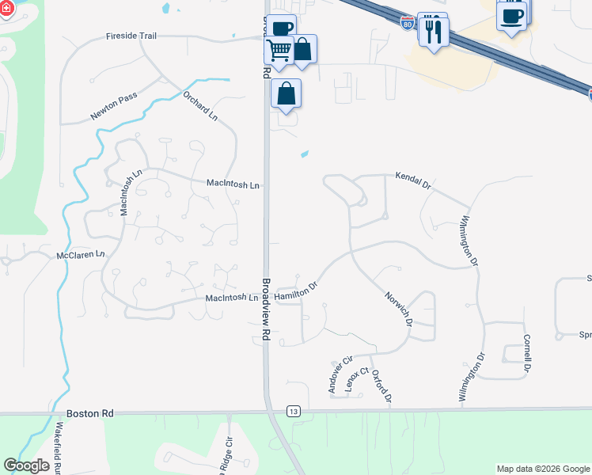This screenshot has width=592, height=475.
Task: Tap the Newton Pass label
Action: [x=113, y=106]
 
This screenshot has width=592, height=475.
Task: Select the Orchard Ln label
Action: [x=199, y=105]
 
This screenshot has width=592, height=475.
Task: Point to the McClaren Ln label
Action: [x=81, y=255]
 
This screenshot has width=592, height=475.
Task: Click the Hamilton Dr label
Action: [x=295, y=293]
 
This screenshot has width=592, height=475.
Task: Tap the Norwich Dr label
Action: [x=399, y=308]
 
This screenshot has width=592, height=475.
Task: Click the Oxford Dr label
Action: [x=381, y=386]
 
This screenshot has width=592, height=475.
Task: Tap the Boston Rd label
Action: [x=90, y=413]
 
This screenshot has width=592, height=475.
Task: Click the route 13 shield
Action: [x=294, y=411]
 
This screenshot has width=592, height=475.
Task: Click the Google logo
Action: [x=26, y=465]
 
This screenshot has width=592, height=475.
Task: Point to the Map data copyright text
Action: [x=542, y=469]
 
